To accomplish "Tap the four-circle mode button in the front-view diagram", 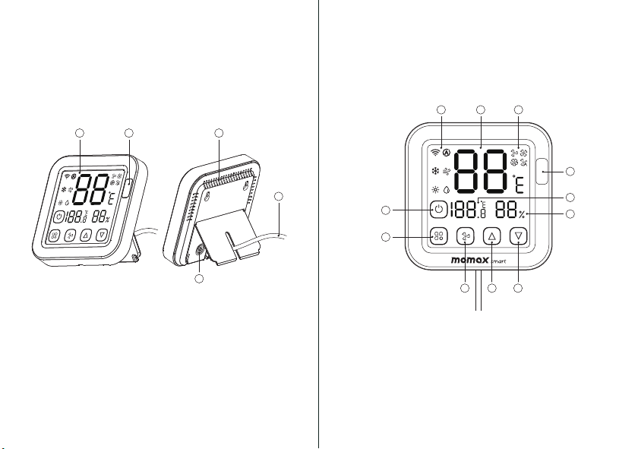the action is [438, 236].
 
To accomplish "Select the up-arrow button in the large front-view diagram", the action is [491, 236].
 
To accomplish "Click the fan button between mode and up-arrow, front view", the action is [465, 236].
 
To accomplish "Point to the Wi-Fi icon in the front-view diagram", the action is [435, 151].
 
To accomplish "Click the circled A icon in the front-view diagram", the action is [447, 151].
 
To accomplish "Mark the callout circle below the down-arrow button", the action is [519, 289].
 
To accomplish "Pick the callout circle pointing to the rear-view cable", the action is [280, 198].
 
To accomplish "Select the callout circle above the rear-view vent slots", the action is [219, 134].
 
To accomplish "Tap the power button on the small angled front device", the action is [58, 216].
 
